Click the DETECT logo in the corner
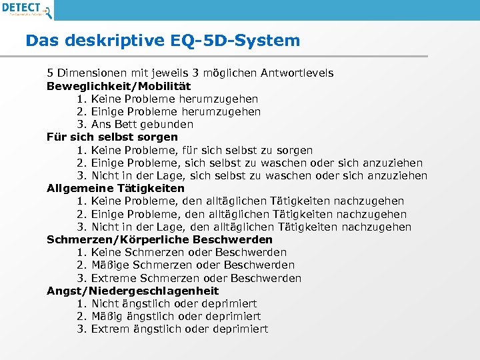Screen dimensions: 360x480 (x=27, y=9)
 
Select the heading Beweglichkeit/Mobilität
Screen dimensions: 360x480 (x=119, y=86)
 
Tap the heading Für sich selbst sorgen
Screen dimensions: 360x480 (x=112, y=137)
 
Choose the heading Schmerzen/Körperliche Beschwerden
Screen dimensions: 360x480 (x=159, y=239)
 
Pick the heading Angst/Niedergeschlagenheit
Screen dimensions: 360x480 (x=133, y=291)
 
